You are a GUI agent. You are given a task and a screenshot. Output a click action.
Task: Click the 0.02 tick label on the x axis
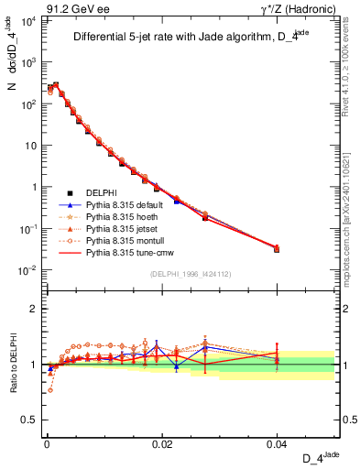[x=162, y=443]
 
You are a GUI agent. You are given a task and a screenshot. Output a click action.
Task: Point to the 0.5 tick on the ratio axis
[x=30, y=420]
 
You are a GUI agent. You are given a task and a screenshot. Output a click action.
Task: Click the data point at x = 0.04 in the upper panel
[x=277, y=249]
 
